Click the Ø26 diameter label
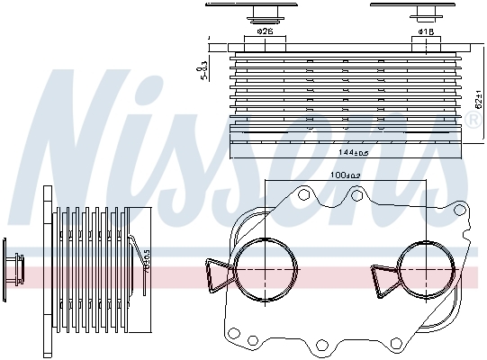[265, 32]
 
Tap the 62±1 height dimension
[477, 99]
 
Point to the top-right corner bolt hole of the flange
[461, 211]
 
